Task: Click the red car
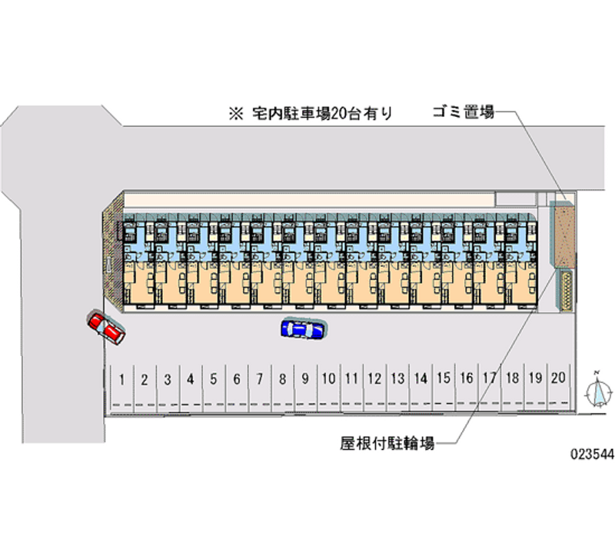click(x=106, y=327)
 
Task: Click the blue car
click(x=304, y=329)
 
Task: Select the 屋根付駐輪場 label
click(x=387, y=444)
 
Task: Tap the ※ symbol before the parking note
click(x=234, y=115)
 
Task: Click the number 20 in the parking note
click(x=338, y=115)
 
